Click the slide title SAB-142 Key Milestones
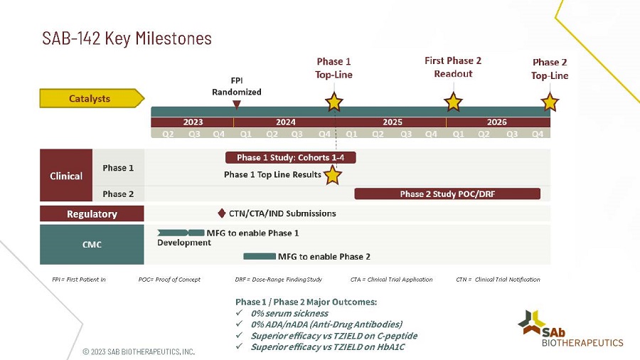[127, 38]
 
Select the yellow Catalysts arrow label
[91, 98]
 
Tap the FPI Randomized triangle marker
[237, 104]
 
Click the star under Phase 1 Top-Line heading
[334, 102]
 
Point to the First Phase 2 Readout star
[453, 102]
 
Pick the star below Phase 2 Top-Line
[550, 102]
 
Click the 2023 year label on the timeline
[193, 122]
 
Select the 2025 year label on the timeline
[393, 122]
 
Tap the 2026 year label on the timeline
[497, 122]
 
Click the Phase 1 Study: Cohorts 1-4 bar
[290, 157]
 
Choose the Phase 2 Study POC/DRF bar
[447, 194]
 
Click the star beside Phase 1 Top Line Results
[333, 174]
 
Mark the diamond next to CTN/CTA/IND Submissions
[222, 213]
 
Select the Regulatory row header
[92, 213]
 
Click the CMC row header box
[92, 245]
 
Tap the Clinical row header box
[66, 176]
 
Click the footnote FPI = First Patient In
[79, 280]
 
